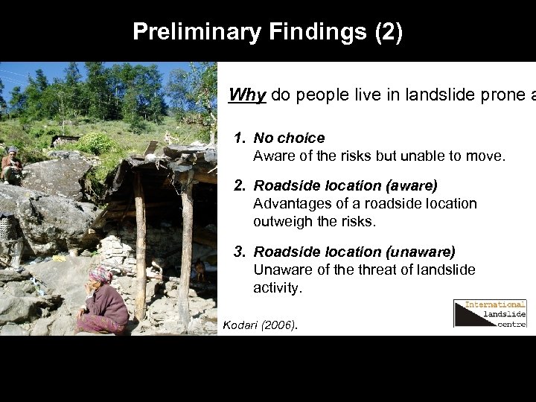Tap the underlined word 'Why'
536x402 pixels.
(248, 95)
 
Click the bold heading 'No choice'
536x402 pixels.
(289, 138)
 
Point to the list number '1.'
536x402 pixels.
(240, 138)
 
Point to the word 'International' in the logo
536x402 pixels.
(495, 304)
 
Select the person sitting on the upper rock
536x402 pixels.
(12, 166)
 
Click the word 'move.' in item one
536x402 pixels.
(488, 156)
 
